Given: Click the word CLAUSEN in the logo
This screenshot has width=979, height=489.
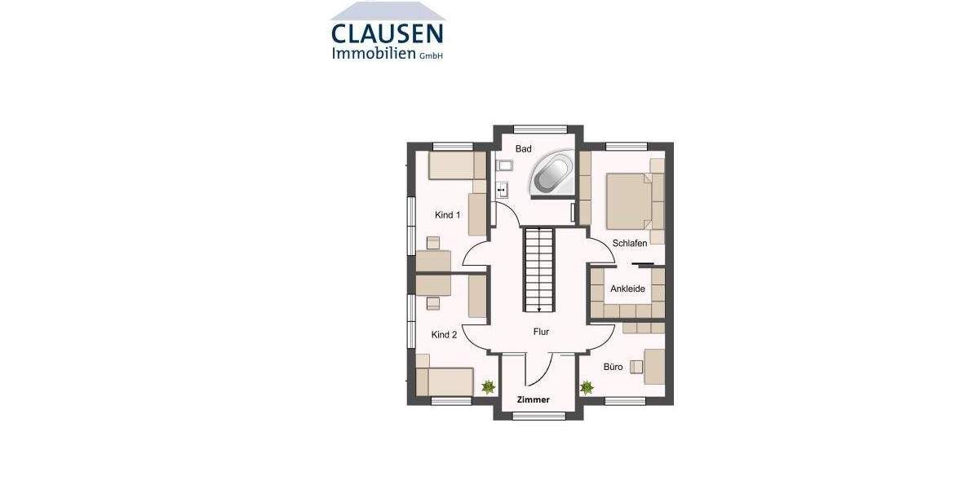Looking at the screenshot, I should click(388, 34).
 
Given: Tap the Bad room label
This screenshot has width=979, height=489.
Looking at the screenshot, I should click(524, 149).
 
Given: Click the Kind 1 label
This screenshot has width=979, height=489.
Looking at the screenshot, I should click(448, 215).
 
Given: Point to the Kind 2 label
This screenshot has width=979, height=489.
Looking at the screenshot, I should click(445, 335).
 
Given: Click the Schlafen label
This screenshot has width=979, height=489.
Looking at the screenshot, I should click(630, 244).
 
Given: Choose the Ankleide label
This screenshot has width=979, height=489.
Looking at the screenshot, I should click(627, 289).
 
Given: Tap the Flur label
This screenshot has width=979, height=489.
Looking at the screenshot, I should click(541, 332).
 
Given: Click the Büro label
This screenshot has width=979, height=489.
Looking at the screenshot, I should click(614, 367).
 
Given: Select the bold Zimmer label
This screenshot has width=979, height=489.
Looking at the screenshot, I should click(534, 400).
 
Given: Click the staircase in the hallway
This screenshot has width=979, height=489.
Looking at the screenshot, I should click(538, 269).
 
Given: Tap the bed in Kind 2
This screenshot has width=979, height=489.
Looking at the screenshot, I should click(444, 381).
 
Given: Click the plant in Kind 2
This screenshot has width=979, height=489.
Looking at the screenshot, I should click(488, 387).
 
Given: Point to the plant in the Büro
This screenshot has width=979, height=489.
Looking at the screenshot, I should click(587, 387).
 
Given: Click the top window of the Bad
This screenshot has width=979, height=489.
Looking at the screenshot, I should click(540, 126).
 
